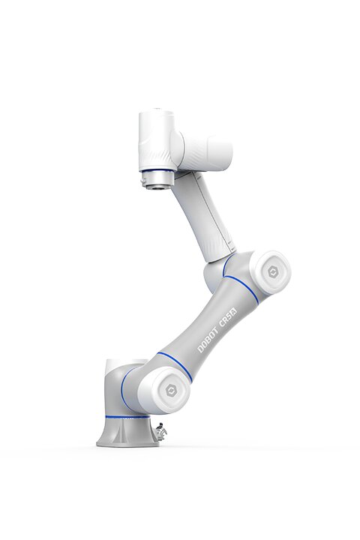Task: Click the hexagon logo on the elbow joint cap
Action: [x=273, y=272]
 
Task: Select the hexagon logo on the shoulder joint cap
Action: [x=171, y=390]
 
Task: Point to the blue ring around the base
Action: [x=127, y=417]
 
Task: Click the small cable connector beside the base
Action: [x=160, y=430]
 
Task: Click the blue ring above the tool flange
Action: [x=157, y=170]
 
